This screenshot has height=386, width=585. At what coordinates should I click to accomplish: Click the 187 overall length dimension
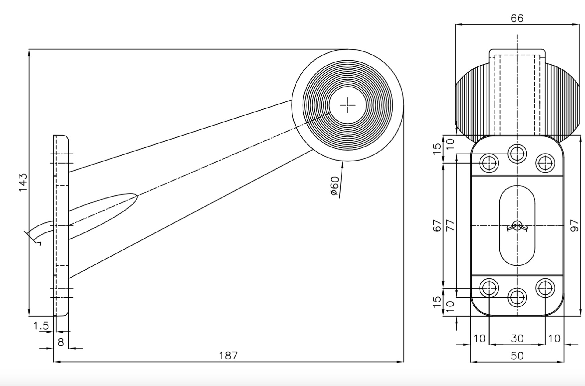(x=228, y=355)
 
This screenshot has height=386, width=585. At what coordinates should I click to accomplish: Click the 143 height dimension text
(x=23, y=182)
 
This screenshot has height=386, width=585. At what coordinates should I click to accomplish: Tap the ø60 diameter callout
(x=335, y=186)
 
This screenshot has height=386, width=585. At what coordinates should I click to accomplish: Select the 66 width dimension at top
(x=517, y=18)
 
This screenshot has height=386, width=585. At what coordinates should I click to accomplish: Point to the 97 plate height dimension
(x=574, y=225)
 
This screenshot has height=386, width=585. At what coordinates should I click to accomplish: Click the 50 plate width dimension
(x=517, y=356)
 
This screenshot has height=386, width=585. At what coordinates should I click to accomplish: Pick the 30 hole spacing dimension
(x=517, y=338)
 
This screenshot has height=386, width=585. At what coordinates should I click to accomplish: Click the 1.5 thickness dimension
(x=41, y=326)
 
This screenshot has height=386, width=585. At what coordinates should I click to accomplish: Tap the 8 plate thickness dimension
(x=61, y=342)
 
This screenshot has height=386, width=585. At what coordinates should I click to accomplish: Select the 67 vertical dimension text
(x=437, y=225)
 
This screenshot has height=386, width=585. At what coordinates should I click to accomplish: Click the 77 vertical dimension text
(x=450, y=225)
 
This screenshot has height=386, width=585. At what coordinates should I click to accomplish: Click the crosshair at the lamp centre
(x=347, y=105)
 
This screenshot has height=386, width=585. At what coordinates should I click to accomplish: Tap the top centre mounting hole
(x=517, y=154)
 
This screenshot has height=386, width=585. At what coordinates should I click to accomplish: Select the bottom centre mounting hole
(x=517, y=297)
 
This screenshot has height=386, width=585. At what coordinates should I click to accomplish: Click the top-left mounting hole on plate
(x=489, y=163)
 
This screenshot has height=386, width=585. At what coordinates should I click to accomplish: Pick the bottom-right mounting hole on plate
(x=545, y=288)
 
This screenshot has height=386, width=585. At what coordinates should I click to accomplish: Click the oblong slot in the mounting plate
(x=517, y=225)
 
